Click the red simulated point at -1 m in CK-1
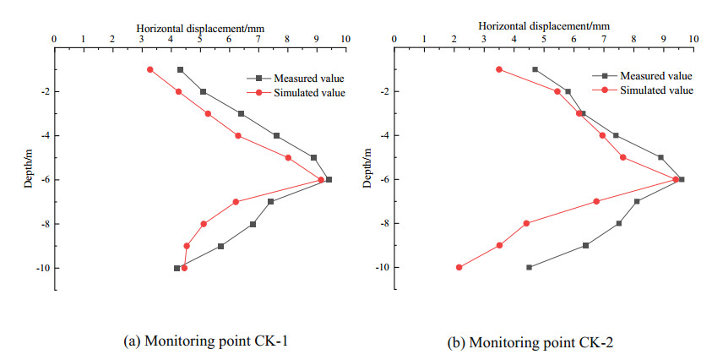(x=150, y=69)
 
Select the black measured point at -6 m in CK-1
(x=329, y=179)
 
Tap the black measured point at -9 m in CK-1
(x=220, y=246)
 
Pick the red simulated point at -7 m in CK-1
(x=236, y=201)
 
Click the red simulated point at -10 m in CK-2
(x=459, y=267)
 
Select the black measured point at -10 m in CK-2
(x=529, y=267)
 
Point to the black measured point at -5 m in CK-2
(x=660, y=157)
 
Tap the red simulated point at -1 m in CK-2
(x=499, y=69)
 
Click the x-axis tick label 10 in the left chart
(x=345, y=39)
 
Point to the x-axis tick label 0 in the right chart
(x=395, y=39)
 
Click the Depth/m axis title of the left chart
(x=27, y=168)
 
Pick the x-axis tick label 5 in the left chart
(x=199, y=39)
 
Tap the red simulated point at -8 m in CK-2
(x=526, y=223)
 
